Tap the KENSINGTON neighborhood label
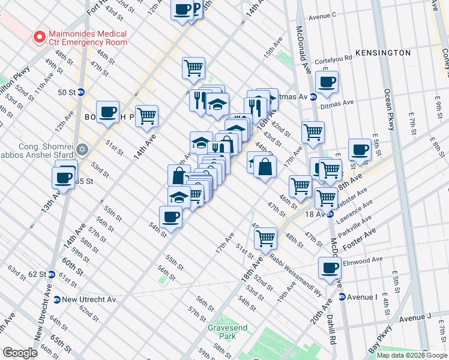click(x=383, y=53)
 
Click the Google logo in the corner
click(x=20, y=353)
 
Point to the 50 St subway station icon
click(x=81, y=92)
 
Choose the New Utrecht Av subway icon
click(x=57, y=299)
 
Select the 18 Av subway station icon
click(x=330, y=214)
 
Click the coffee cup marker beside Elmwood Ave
click(x=330, y=268)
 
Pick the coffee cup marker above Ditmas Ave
click(x=327, y=82)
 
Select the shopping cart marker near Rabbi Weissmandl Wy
click(x=265, y=238)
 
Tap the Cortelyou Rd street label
click(x=333, y=59)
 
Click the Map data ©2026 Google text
click(x=411, y=355)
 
